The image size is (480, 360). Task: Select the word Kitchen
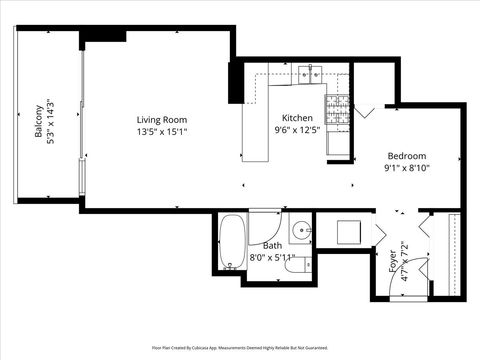(296, 117)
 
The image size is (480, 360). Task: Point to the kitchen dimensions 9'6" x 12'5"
(296, 128)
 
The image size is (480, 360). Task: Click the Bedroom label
(407, 156)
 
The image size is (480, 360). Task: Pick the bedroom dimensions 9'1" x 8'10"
(407, 167)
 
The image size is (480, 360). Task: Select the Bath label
(272, 245)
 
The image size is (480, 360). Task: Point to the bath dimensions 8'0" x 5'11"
(272, 256)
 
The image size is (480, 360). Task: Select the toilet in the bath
(301, 264)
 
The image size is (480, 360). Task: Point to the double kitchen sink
(310, 73)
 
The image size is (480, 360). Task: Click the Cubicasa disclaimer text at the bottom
(240, 347)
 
